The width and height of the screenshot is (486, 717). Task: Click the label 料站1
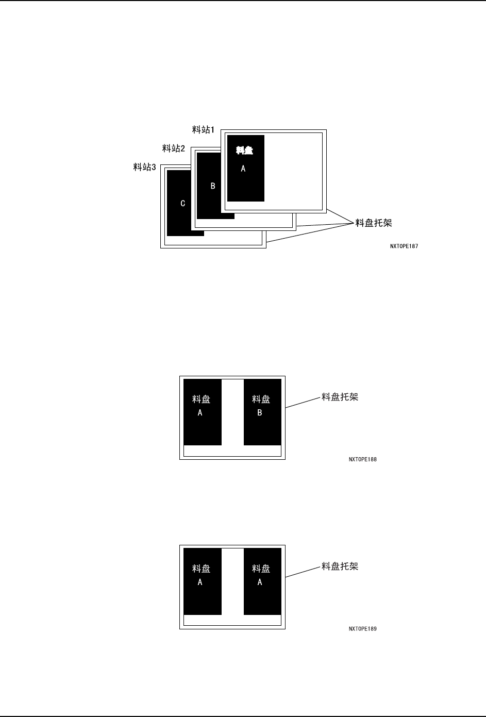coord(203,130)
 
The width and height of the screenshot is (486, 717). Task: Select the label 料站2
coord(174,148)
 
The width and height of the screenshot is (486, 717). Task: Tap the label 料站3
coord(144,167)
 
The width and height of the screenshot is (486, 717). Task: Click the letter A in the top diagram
coord(243,169)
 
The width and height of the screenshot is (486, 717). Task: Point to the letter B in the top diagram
coord(213,186)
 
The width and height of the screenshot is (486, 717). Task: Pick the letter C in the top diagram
coord(182,204)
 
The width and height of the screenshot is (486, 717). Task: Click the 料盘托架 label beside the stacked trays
coord(374,223)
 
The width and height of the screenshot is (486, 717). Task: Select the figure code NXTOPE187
coord(404,246)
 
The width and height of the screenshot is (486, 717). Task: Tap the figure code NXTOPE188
coord(362,459)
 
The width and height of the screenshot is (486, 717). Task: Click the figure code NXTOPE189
coord(362,629)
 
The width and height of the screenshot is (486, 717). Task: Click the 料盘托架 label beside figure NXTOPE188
coord(340,397)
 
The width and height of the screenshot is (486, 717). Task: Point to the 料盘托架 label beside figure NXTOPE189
coord(340,566)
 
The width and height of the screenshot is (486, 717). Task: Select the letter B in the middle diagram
coord(260,412)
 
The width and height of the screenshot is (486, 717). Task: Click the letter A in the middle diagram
coord(200,412)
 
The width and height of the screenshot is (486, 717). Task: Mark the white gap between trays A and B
coord(232,412)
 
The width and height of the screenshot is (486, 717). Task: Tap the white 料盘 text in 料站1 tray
coord(245,151)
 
